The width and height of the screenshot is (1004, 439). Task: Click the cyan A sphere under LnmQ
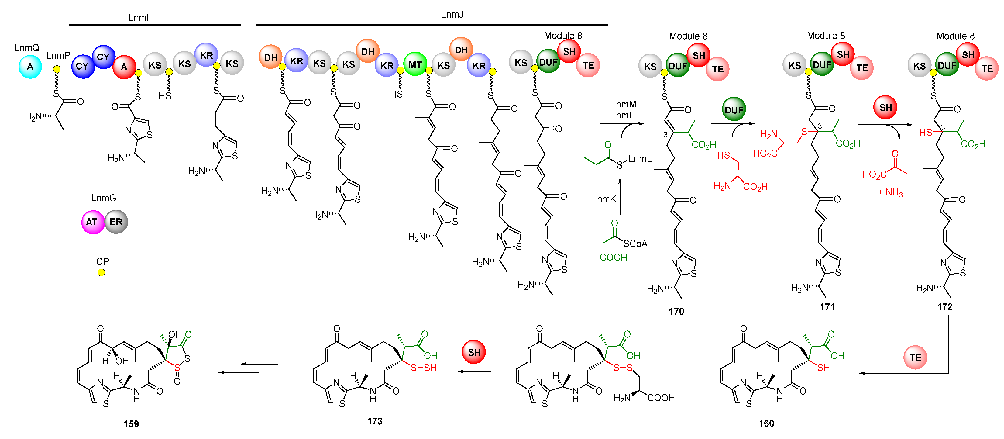click(30, 67)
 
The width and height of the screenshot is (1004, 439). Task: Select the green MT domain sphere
click(415, 64)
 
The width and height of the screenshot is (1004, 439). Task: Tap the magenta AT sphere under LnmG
click(92, 222)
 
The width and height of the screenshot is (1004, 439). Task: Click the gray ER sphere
click(116, 222)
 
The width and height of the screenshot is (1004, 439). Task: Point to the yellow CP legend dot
click(101, 272)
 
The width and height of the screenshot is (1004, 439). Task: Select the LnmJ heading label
click(452, 14)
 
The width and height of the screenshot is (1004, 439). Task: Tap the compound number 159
click(131, 424)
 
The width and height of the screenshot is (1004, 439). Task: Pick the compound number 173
click(375, 421)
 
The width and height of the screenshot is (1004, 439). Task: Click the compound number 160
click(766, 423)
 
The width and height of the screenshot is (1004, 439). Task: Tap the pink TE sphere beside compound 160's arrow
click(915, 358)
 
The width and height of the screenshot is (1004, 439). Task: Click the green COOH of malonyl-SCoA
click(613, 257)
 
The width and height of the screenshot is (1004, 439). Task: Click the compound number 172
click(944, 307)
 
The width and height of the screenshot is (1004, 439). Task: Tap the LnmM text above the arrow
click(624, 104)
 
